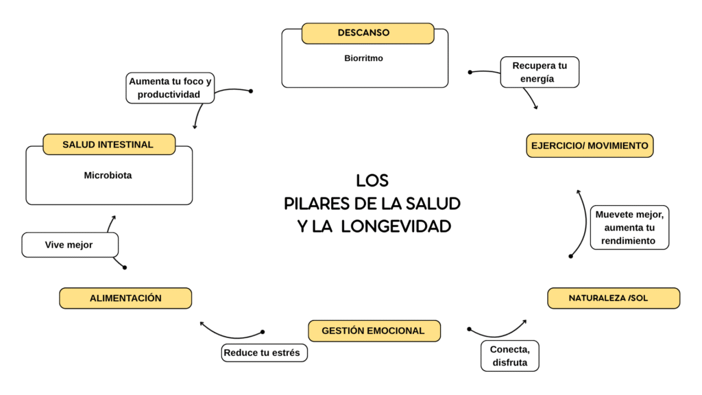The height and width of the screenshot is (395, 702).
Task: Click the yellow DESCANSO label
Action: pos(367,33)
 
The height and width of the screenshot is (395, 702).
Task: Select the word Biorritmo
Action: pos(363,58)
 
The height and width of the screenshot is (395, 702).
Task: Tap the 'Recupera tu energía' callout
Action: pos(540,72)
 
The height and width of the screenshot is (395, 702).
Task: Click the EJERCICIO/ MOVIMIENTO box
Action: pos(590,146)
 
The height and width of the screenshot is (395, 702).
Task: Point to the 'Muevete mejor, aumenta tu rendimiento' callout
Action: pos(629,227)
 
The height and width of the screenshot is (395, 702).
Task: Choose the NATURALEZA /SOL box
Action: pos(613,298)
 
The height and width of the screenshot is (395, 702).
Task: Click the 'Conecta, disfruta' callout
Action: pos(509,356)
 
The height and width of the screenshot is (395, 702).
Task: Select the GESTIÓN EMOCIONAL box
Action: pos(374,331)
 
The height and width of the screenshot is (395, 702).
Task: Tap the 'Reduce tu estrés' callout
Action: pos(264,352)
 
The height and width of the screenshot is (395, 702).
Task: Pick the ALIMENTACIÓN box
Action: pos(125,298)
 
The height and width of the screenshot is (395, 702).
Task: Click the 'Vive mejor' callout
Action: pos(69,245)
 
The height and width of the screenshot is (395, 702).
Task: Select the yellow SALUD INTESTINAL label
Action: pos(108,145)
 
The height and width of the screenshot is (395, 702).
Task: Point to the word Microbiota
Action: pos(108,176)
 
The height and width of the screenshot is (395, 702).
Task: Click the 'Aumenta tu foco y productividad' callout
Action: pos(170,88)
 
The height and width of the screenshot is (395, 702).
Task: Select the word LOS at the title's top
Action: pos(372,181)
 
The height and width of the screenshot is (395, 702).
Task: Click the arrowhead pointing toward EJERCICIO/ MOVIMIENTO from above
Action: pos(535,107)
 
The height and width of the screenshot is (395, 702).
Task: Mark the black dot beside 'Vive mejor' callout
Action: pos(124,267)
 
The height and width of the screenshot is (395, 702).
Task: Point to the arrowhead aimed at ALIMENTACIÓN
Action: pos(202,322)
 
